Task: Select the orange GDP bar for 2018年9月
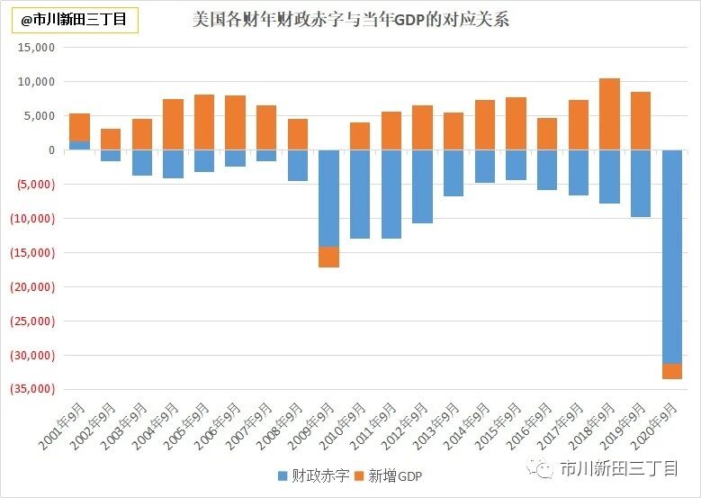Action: tap(609, 114)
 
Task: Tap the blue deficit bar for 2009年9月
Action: tap(328, 198)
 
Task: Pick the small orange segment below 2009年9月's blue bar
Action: tap(328, 257)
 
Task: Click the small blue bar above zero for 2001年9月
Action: tap(79, 145)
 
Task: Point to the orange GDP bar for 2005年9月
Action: tap(204, 122)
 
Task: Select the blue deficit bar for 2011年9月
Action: tap(391, 194)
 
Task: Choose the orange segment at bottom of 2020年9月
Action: tap(671, 371)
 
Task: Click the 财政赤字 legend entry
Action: tap(312, 475)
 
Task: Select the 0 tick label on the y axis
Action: tap(51, 150)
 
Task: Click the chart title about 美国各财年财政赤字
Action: tap(351, 18)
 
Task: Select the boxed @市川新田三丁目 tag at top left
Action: tap(74, 19)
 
